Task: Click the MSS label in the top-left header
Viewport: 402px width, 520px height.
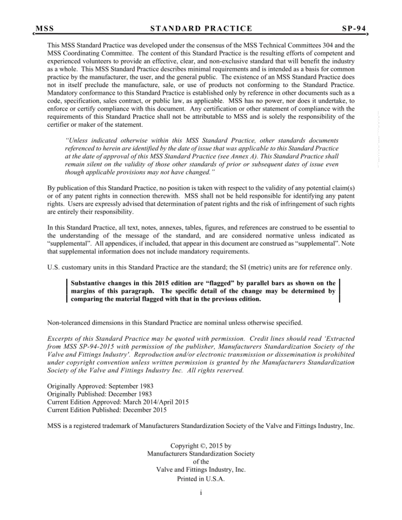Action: tap(45, 29)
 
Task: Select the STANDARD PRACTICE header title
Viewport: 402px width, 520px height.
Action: tap(201, 29)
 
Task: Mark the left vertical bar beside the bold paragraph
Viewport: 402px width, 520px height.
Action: tap(67, 291)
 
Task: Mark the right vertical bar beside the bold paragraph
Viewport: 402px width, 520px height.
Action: tap(339, 291)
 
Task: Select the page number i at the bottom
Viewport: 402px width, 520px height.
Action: tap(201, 493)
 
